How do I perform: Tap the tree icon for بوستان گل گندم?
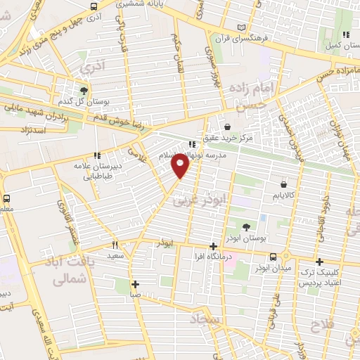point(84,91)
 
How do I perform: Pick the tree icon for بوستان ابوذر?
point(246,226)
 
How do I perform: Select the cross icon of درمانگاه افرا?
point(214,246)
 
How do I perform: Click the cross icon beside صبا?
point(135,285)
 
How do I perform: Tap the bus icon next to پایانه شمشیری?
point(95,6)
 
